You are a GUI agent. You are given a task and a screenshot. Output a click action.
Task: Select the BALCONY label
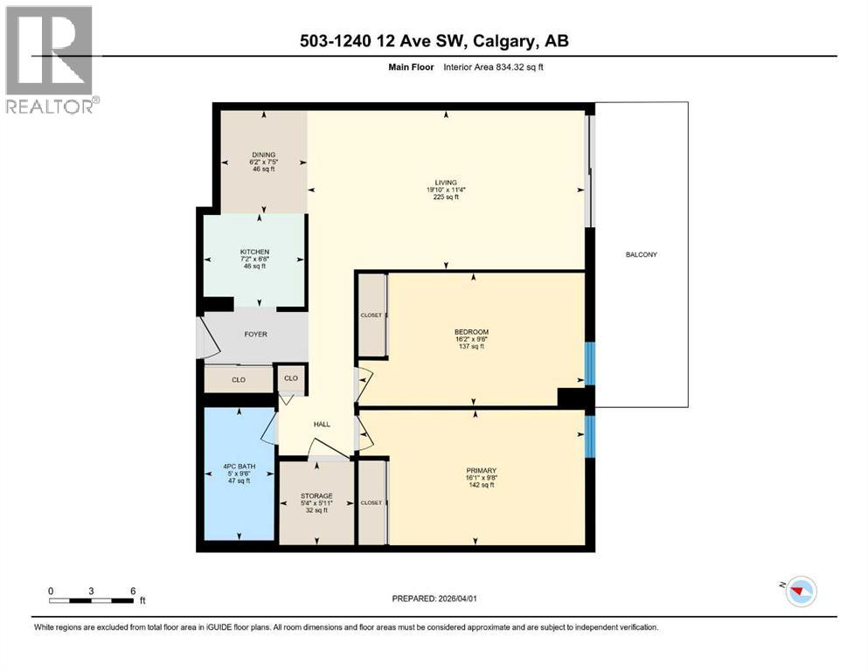point(641,254)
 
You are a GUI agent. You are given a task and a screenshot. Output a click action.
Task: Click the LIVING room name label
point(447,182)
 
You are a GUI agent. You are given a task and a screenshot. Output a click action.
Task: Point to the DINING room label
point(263,155)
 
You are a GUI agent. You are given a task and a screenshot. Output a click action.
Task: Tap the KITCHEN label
point(255,252)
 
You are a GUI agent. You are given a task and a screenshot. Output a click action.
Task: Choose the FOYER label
point(255,334)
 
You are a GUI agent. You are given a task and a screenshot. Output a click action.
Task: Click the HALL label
point(322,424)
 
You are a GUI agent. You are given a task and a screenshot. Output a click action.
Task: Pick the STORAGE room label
point(316,495)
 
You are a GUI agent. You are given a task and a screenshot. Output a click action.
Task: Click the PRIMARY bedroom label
point(481,470)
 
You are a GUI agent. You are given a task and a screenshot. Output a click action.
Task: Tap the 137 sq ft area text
point(471,347)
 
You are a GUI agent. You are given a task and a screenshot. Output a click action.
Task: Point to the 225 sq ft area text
point(447,197)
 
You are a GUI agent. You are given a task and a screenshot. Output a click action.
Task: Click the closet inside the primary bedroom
point(372,502)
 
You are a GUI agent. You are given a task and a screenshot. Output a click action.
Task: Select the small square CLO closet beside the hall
point(290,378)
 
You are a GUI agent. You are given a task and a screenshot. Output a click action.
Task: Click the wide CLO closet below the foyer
point(238,380)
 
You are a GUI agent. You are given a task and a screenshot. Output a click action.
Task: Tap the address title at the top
point(434,41)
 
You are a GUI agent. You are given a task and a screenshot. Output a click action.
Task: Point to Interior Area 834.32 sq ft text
point(494,67)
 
